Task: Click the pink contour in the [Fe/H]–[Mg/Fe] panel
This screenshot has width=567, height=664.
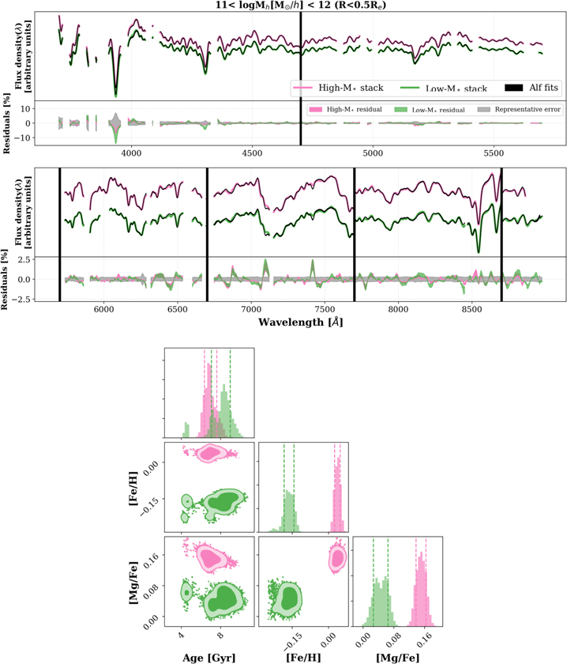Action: (x=338, y=558)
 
